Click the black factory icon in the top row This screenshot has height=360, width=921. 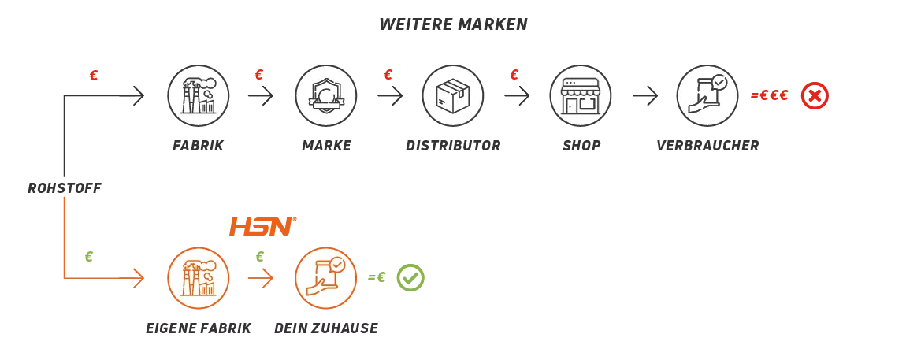199,96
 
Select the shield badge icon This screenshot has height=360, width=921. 325,96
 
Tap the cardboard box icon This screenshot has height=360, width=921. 453,96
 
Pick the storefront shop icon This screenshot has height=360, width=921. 580,96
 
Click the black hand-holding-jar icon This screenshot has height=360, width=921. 707,96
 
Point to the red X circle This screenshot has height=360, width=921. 815,96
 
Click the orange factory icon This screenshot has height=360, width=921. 199,277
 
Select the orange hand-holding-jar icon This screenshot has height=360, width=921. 325,277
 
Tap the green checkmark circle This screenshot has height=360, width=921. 410,277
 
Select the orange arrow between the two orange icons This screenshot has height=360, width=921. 262,277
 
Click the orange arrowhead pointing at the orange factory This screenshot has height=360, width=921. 139,277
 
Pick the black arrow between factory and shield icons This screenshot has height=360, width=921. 262,97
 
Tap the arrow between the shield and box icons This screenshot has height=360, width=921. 388,97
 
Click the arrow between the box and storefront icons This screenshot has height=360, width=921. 517,97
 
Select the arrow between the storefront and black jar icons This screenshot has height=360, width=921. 644,97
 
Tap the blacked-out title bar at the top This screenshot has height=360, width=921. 453,21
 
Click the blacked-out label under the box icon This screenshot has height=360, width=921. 453,145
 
